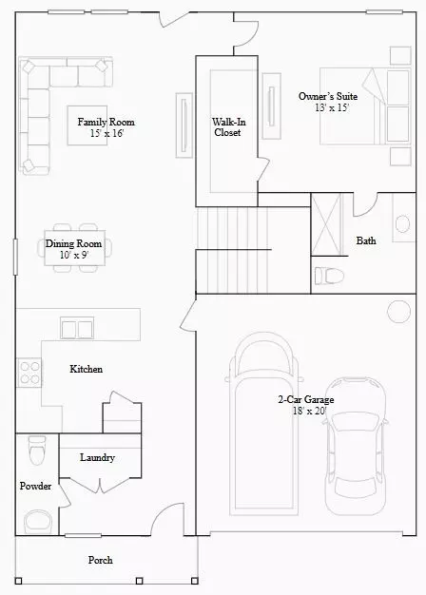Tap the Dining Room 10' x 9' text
coord(73,249)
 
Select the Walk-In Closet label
coord(228,127)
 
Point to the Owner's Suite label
coord(328,102)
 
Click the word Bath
coord(366,240)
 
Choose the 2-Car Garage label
coord(306,405)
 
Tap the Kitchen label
coord(87,369)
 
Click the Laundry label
coord(97,457)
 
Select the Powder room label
coord(35,486)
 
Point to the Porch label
coord(100,560)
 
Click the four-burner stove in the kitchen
coord(29,373)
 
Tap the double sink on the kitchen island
coord(77,329)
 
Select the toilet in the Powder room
coord(37,451)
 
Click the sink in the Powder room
coord(38,522)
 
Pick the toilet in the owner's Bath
coord(329,276)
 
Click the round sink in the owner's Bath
coord(402,224)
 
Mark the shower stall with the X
coord(326,224)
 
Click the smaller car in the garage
coord(357,447)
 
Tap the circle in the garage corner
coord(398,312)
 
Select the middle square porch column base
coord(140,581)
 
